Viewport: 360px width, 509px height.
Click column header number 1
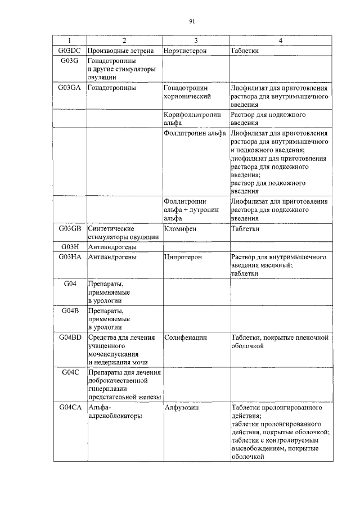(x=70, y=41)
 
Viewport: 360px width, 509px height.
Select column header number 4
(x=280, y=41)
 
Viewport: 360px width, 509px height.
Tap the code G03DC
(x=70, y=51)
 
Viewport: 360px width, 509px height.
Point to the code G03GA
(x=70, y=88)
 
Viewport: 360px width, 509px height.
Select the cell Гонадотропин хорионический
(x=187, y=92)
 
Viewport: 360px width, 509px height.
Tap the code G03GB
(x=70, y=228)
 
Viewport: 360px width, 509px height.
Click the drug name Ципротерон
(x=183, y=256)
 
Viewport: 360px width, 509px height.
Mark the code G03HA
(x=70, y=256)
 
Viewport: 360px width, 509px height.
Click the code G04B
(x=70, y=310)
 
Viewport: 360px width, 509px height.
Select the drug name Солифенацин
(x=186, y=337)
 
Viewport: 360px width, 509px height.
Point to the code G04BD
(x=70, y=337)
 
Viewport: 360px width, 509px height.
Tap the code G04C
(x=70, y=372)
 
